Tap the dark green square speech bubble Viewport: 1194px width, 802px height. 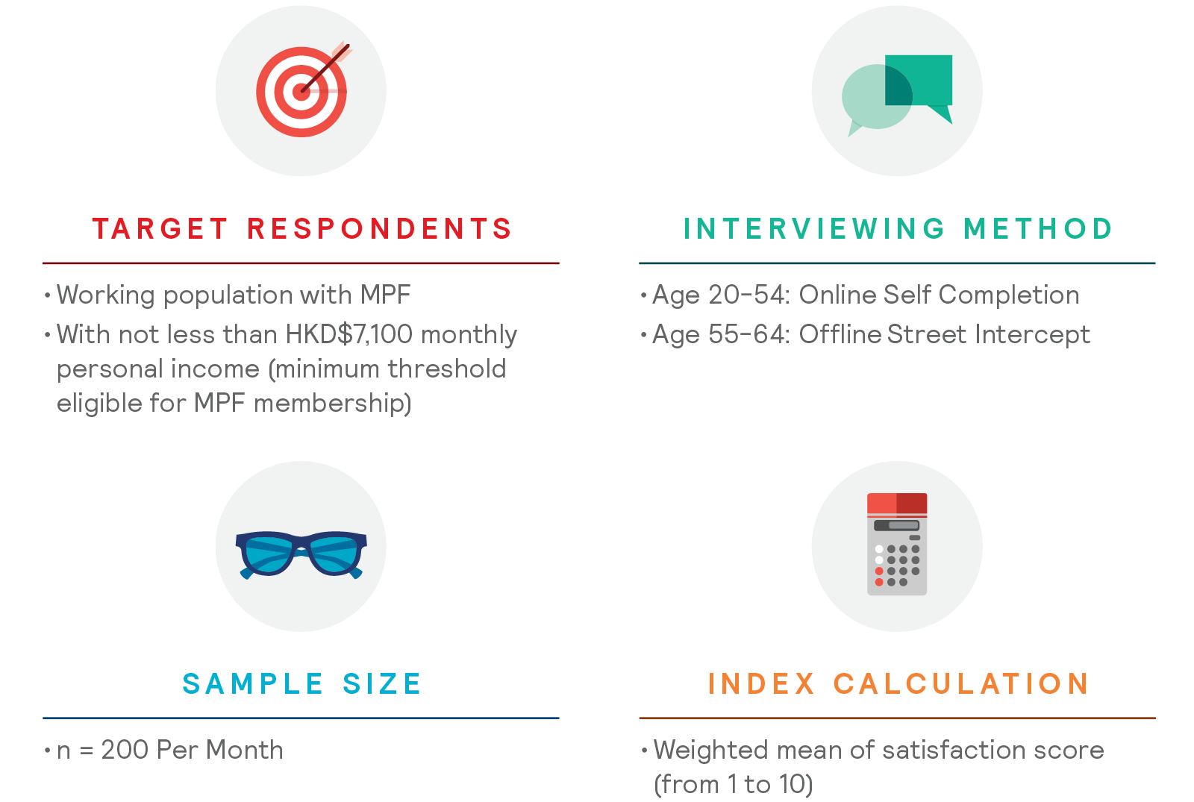(x=919, y=85)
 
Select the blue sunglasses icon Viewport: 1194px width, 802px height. (x=301, y=555)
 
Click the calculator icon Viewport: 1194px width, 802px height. (x=897, y=544)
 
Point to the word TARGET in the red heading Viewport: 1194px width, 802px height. (x=160, y=229)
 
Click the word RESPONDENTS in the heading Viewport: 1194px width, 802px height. (x=379, y=229)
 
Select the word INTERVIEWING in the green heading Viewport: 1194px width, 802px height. (x=814, y=229)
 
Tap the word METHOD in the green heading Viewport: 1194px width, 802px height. (x=1038, y=229)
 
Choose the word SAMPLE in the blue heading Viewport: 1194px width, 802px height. (x=253, y=683)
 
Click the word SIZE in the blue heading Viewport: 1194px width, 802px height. (x=382, y=683)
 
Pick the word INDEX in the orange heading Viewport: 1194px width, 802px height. (x=761, y=683)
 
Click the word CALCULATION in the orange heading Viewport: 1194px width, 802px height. (x=962, y=683)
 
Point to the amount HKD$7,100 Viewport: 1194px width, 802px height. (x=349, y=335)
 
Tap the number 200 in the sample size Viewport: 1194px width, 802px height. (x=126, y=750)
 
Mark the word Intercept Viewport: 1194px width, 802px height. (x=1033, y=336)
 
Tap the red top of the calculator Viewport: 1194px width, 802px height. (x=897, y=504)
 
